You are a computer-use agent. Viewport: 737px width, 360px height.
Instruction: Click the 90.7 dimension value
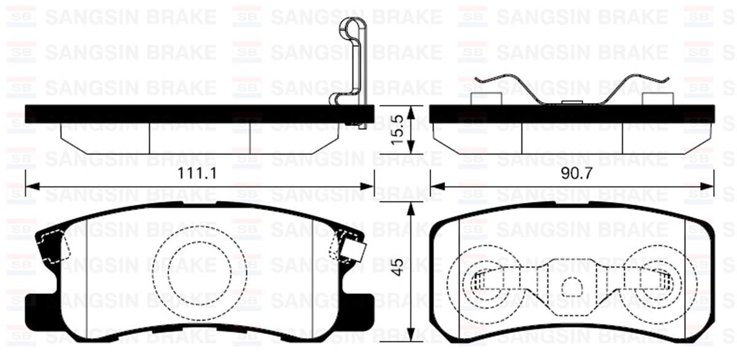[576, 174]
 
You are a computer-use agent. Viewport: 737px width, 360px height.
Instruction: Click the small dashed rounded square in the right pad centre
[572, 288]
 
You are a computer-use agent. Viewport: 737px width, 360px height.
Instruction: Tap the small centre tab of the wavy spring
[571, 102]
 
